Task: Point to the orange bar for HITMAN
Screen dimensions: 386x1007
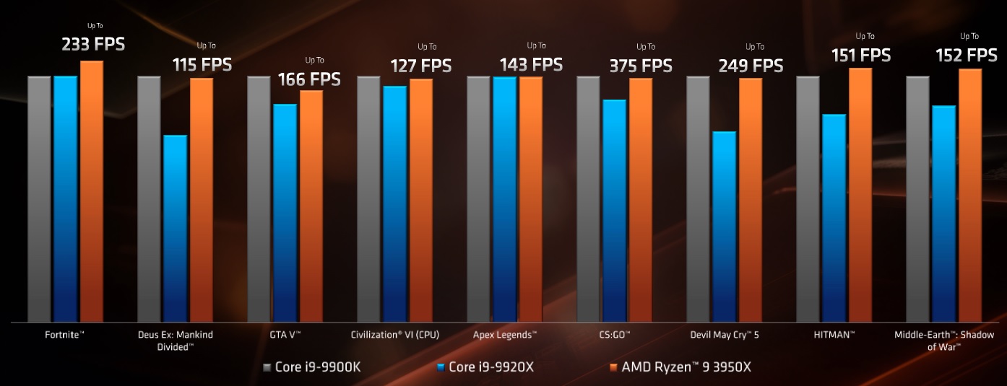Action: point(860,195)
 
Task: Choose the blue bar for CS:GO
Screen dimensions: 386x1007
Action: point(615,210)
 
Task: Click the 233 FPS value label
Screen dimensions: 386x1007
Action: point(93,45)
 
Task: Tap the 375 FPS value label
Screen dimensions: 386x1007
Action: point(641,66)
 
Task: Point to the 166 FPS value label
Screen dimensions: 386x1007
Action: point(309,79)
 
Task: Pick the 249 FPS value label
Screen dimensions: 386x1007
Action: point(751,66)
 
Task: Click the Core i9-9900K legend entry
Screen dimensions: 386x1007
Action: point(311,367)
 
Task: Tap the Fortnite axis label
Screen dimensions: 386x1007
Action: point(65,335)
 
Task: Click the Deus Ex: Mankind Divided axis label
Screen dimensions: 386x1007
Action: point(176,341)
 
